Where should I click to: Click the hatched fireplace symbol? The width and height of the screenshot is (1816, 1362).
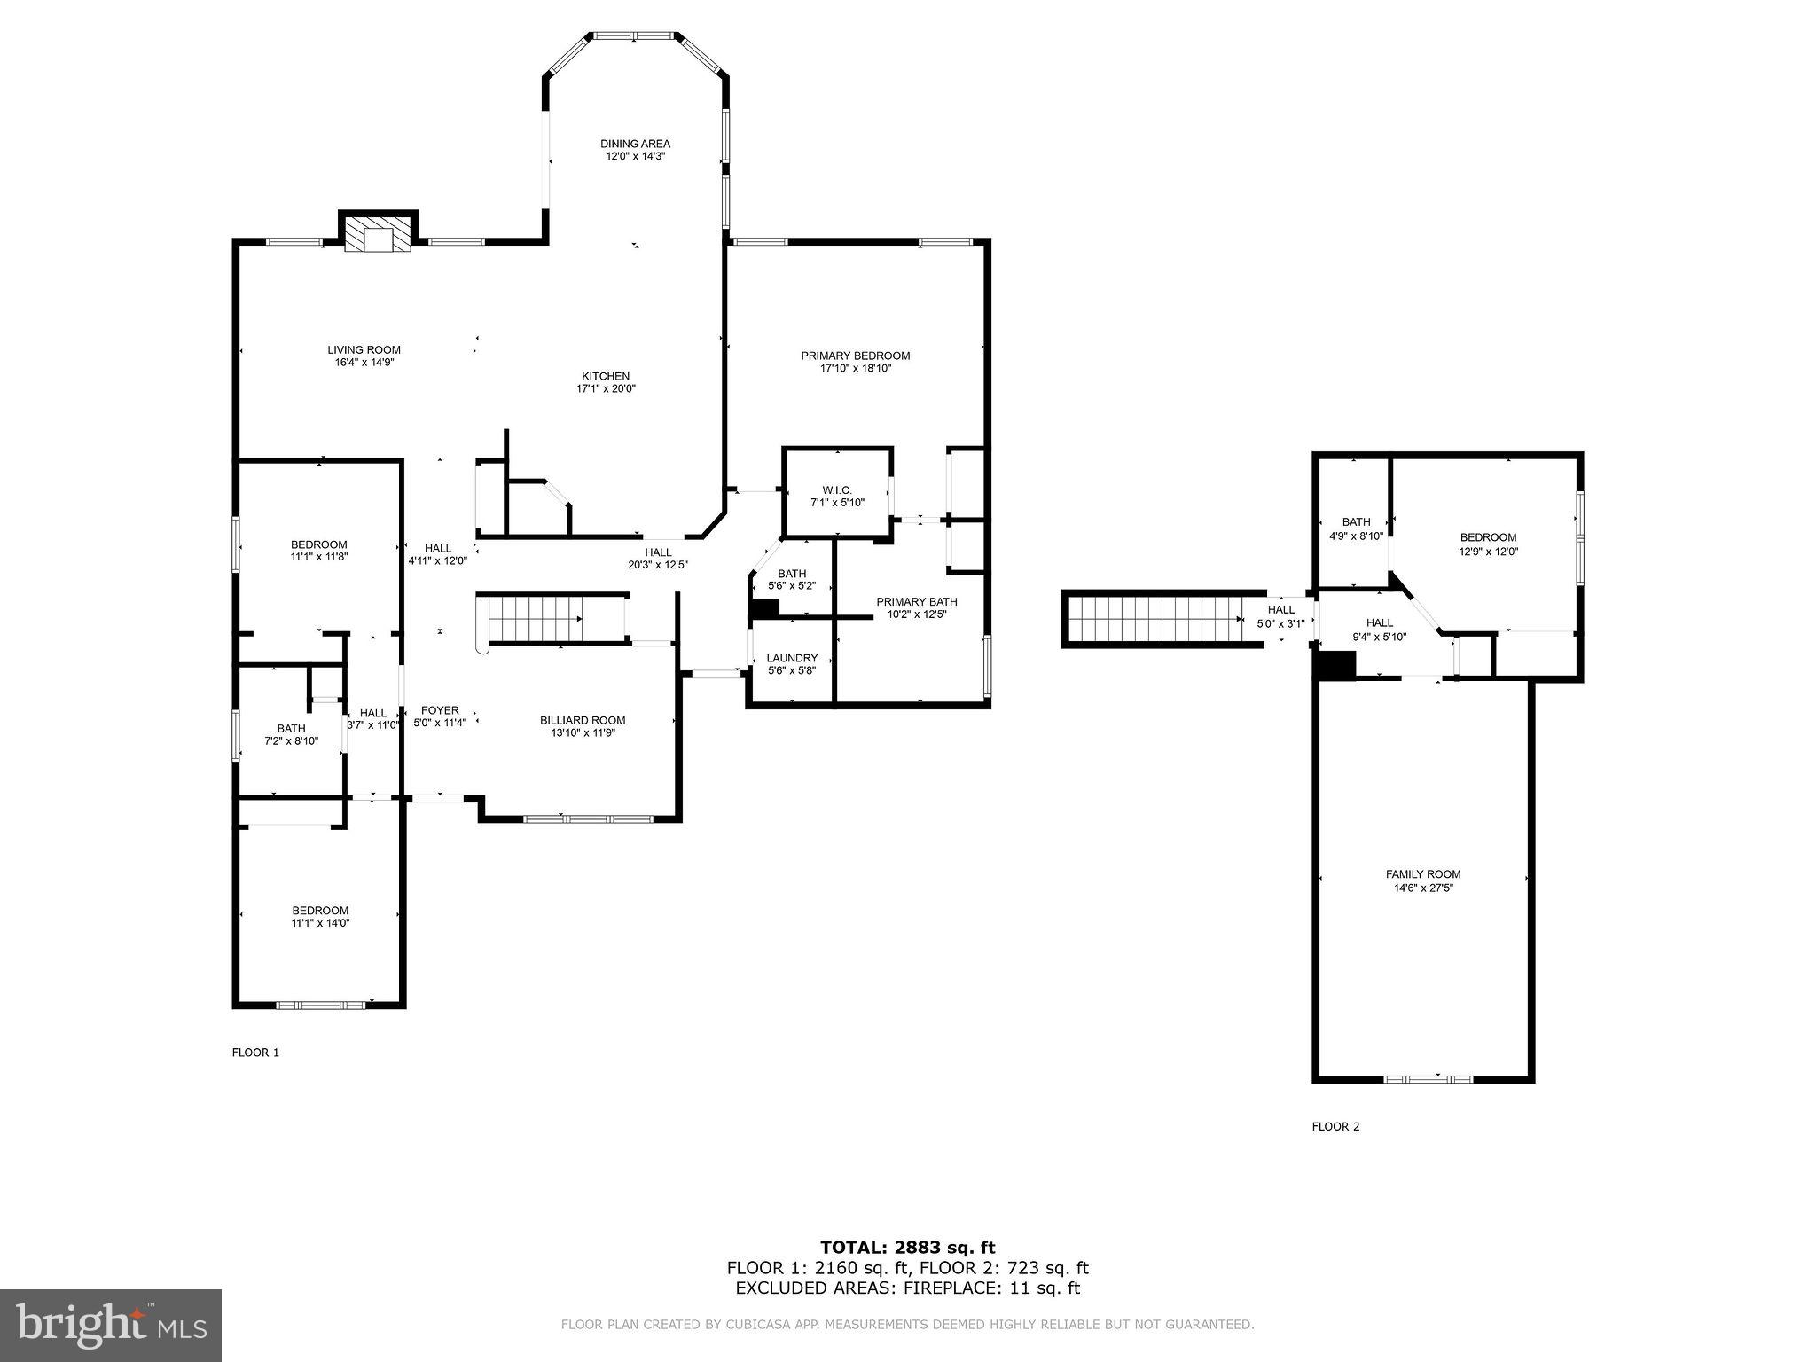(378, 234)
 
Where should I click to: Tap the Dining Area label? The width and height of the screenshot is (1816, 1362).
(635, 144)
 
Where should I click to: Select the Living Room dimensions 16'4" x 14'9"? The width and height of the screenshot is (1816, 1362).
(364, 362)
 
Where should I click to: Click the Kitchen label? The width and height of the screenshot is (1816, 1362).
(606, 376)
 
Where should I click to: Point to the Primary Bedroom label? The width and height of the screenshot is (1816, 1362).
(855, 356)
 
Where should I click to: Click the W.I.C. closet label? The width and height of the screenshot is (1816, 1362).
(837, 490)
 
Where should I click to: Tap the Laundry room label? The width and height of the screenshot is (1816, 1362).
(792, 658)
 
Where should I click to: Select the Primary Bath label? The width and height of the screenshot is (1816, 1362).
(917, 601)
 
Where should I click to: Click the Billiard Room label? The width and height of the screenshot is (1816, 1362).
(583, 720)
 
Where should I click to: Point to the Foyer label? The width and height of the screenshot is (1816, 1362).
(440, 710)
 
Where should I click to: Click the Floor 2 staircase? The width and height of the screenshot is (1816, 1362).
(1162, 618)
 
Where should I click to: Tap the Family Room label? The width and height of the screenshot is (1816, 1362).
(1423, 873)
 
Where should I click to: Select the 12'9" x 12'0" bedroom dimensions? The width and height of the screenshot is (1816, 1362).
(1489, 551)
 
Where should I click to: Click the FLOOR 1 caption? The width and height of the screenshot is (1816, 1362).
(255, 1053)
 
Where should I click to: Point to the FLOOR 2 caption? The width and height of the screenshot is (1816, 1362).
(1335, 1126)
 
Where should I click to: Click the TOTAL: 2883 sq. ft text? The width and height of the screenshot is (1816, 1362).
(907, 1248)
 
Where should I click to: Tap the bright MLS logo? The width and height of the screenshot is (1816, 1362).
(110, 1326)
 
